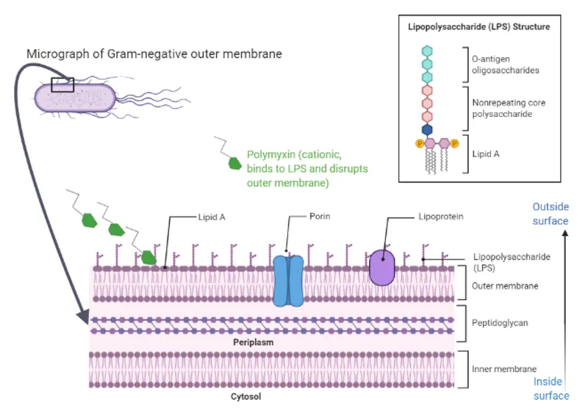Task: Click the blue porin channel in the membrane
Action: pyautogui.click(x=288, y=280)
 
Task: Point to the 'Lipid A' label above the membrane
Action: pyautogui.click(x=211, y=217)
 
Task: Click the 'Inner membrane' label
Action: pyautogui.click(x=505, y=369)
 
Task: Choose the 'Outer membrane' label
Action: pyautogui.click(x=503, y=285)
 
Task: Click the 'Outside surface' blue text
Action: pyautogui.click(x=551, y=214)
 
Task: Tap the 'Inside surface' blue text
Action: pyautogui.click(x=551, y=389)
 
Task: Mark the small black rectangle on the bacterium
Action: pyautogui.click(x=62, y=85)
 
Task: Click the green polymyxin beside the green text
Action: pyautogui.click(x=235, y=163)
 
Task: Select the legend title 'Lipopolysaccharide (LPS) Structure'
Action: pyautogui.click(x=479, y=26)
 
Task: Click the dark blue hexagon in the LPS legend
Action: pyautogui.click(x=427, y=129)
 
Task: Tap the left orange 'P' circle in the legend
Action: pyautogui.click(x=420, y=143)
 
